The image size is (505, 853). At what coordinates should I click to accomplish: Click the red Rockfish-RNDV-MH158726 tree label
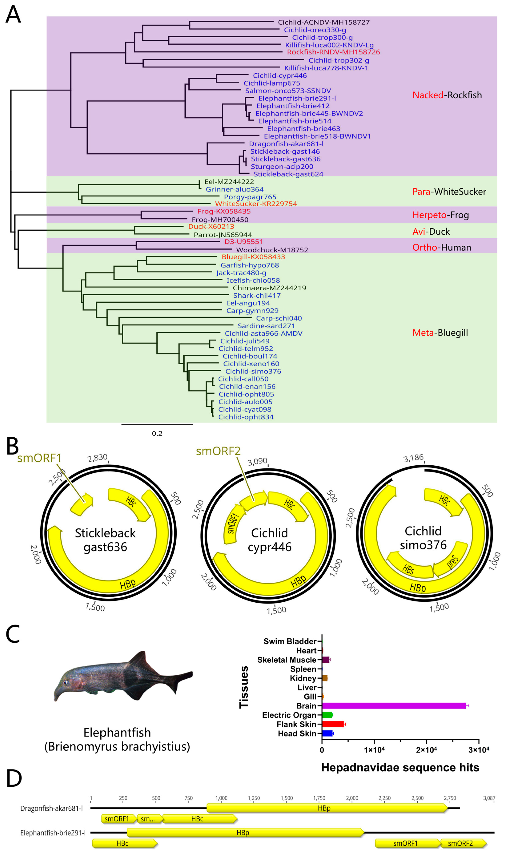pyautogui.click(x=333, y=52)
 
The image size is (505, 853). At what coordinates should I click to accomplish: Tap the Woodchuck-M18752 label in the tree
pyautogui.click(x=272, y=250)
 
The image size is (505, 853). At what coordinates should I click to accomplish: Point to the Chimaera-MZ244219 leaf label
pyautogui.click(x=269, y=288)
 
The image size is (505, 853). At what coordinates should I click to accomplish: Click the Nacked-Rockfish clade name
pyautogui.click(x=447, y=95)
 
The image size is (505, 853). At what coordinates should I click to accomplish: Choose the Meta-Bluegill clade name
pyautogui.click(x=440, y=333)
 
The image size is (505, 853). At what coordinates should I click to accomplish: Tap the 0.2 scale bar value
pyautogui.click(x=157, y=433)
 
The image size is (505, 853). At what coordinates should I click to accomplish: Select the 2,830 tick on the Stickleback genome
pyautogui.click(x=98, y=458)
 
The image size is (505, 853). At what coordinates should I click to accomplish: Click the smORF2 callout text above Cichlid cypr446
pyautogui.click(x=218, y=451)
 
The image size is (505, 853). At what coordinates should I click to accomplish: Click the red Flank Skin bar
pyautogui.click(x=333, y=724)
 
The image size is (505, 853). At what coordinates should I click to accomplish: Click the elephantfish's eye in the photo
pyautogui.click(x=65, y=682)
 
